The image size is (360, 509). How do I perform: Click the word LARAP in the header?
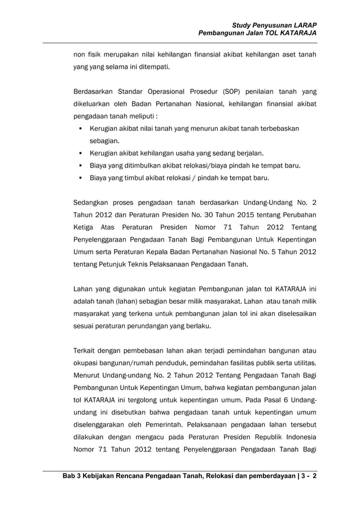[x=304, y=25]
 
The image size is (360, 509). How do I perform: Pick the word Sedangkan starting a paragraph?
[x=91, y=202]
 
